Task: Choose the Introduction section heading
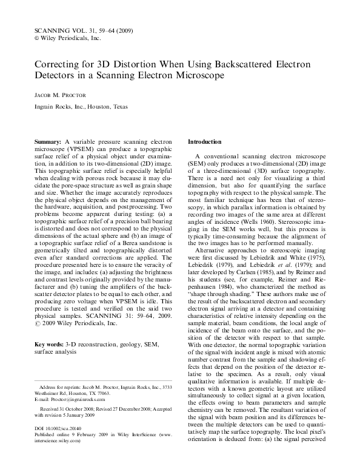205,141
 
